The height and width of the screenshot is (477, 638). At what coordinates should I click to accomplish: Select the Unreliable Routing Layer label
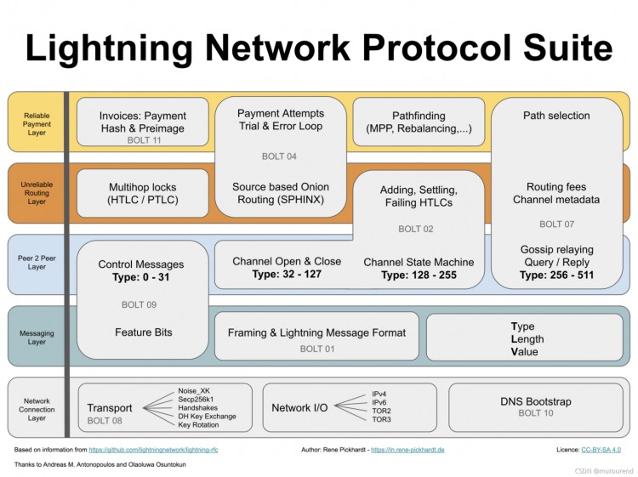36,193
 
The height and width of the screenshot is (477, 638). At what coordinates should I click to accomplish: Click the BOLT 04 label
279,156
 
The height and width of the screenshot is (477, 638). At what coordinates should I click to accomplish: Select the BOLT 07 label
556,224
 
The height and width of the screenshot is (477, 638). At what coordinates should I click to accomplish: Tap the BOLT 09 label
142,304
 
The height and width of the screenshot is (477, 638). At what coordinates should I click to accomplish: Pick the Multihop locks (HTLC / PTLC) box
142,193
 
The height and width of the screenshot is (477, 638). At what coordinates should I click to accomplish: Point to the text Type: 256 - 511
556,275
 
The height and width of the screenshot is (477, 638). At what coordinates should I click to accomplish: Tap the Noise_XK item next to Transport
193,390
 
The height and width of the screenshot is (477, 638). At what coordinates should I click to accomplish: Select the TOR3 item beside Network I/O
381,419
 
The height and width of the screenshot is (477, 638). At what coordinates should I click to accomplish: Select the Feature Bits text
143,332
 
